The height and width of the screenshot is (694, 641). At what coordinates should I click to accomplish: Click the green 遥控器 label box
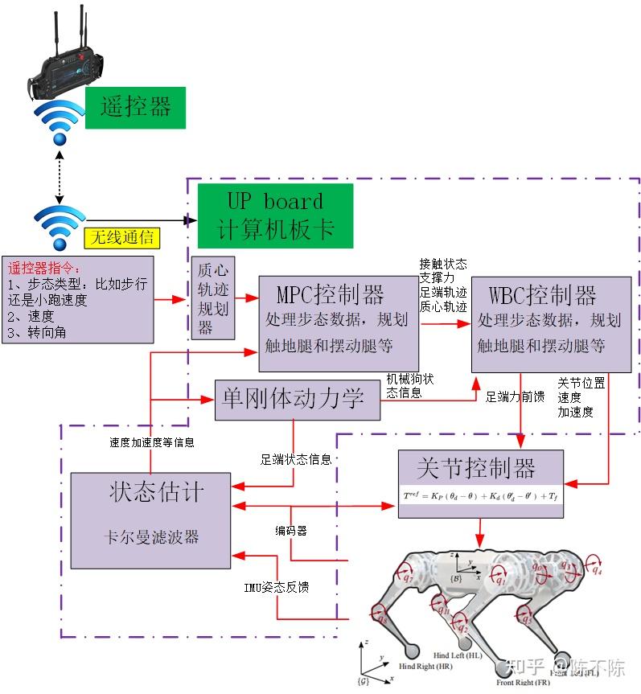tap(136, 107)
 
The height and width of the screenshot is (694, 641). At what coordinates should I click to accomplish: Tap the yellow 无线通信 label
tap(122, 238)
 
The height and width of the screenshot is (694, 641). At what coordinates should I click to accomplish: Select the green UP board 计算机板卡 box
tap(275, 215)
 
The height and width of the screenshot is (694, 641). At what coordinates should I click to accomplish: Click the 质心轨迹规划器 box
tap(213, 299)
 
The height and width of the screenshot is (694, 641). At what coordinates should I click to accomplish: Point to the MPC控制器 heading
tap(330, 294)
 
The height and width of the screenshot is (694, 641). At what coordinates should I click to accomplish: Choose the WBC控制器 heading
tap(542, 294)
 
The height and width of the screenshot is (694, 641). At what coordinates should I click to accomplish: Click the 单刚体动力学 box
tap(297, 399)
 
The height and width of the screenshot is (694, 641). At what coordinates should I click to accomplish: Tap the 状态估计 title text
tap(157, 492)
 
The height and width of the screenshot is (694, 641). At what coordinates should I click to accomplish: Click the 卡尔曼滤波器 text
tap(156, 537)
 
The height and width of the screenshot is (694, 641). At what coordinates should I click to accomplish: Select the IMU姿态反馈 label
tap(276, 587)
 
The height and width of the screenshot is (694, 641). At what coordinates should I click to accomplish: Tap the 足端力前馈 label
tap(516, 396)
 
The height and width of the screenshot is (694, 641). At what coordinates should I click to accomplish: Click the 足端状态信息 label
tap(295, 460)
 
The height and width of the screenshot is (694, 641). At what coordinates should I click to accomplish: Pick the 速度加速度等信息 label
tap(151, 441)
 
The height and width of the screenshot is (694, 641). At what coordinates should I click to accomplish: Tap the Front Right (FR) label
tap(523, 682)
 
